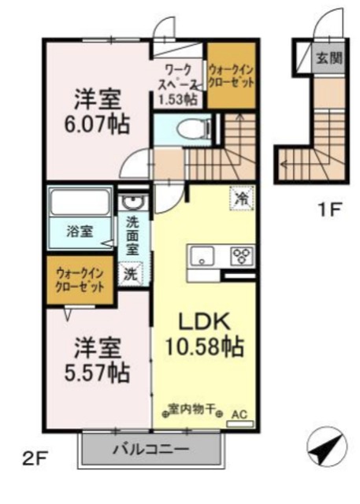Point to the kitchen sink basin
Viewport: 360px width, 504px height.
click(202, 256)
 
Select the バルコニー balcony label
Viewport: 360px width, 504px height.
click(150, 450)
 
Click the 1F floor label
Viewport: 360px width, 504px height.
click(329, 209)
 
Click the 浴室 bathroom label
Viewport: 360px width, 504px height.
click(80, 232)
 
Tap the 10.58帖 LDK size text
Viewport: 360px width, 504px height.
click(203, 345)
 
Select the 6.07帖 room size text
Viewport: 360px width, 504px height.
click(98, 124)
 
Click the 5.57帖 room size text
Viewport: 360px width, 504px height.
click(98, 369)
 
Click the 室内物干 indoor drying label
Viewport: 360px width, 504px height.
click(192, 409)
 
